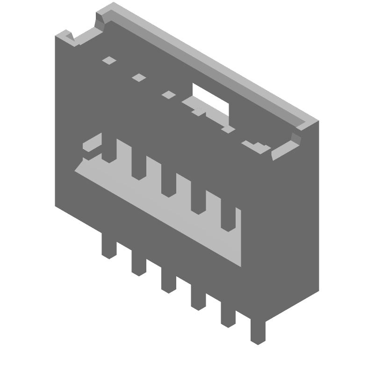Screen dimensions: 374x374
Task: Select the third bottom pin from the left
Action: [168, 280]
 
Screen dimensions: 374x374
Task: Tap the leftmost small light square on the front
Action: [109, 60]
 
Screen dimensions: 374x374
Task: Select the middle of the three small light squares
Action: [138, 77]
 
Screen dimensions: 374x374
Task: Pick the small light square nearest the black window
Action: [168, 95]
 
